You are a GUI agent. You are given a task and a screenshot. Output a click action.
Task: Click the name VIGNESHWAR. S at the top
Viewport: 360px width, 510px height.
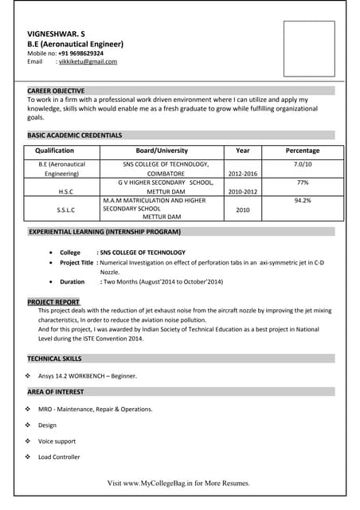pos(56,33)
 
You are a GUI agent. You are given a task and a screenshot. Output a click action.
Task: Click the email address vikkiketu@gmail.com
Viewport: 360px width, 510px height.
pos(87,61)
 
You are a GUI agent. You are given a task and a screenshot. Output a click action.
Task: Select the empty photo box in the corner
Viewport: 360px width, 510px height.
pos(309,48)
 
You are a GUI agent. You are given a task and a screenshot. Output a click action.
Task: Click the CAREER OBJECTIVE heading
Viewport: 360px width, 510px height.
pos(56,91)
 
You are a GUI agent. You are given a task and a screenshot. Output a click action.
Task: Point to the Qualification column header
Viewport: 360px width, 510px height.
pos(55,151)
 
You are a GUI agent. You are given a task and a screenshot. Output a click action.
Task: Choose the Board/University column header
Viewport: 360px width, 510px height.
pos(162,151)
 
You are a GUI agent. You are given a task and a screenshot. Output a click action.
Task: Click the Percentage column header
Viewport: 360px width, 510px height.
pos(303,151)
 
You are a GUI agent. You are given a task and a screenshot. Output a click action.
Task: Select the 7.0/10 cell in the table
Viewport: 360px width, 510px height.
pos(303,164)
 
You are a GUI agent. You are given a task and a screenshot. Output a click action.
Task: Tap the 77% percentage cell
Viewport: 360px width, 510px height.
pos(303,182)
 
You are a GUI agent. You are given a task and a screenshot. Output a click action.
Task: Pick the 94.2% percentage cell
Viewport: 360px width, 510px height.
pos(303,201)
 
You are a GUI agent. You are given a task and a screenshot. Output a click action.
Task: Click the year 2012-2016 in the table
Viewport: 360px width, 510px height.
pos(243,173)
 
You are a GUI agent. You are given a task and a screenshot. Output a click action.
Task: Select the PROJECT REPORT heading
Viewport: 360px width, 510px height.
pos(53,302)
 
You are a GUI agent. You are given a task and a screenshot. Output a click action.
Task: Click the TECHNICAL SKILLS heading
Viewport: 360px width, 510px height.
pos(54,359)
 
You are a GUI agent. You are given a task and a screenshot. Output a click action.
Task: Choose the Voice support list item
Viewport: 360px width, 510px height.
pos(57,441)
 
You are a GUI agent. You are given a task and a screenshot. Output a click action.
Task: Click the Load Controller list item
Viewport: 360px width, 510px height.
pos(59,457)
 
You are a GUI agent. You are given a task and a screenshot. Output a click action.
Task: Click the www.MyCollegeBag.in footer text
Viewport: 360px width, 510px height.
pos(178,483)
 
